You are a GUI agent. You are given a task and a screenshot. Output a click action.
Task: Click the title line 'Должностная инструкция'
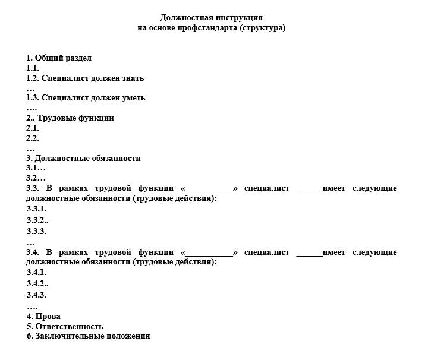[x=211, y=18]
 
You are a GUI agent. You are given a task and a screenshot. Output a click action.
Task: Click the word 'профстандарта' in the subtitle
[x=210, y=28]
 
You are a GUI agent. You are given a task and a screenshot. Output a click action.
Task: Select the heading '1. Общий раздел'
[x=59, y=58]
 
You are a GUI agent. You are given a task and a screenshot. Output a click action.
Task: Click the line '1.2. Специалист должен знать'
[x=85, y=78]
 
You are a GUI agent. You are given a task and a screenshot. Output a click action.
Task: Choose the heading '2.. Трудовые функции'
[x=70, y=118]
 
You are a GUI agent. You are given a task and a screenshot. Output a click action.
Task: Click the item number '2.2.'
[x=33, y=138]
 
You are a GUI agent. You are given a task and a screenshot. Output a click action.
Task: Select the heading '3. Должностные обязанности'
[x=83, y=158]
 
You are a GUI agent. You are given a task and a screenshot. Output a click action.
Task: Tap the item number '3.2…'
[x=36, y=178]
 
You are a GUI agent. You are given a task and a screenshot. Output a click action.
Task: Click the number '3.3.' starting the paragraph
[x=34, y=188]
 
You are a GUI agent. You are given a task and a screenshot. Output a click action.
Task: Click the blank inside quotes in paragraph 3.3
[x=209, y=188]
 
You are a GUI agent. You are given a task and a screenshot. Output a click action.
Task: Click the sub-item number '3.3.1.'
[x=36, y=209]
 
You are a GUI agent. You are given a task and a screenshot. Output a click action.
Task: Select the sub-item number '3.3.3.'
[x=36, y=231]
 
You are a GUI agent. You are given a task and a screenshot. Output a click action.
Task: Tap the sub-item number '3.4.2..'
[x=37, y=283]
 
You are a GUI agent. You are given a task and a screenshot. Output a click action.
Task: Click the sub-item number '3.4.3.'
[x=36, y=295]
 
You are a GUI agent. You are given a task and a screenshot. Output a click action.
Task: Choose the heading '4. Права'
[x=43, y=316]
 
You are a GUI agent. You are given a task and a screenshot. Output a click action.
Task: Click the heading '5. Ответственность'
[x=65, y=326]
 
